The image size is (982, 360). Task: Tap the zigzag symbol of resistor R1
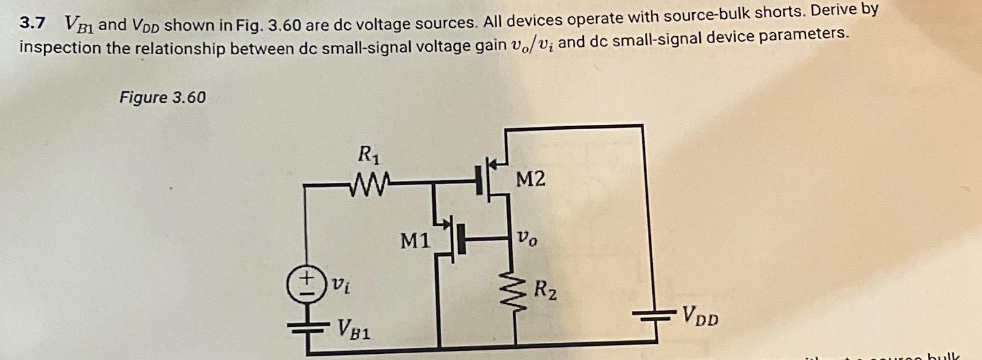[369, 183]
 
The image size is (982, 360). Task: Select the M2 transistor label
[530, 179]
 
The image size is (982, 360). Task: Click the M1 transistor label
[415, 241]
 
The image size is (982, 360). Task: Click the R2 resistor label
[546, 288]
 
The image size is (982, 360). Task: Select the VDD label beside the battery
[699, 318]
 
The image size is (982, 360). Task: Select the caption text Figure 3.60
[162, 97]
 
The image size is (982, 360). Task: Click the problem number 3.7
[32, 23]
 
